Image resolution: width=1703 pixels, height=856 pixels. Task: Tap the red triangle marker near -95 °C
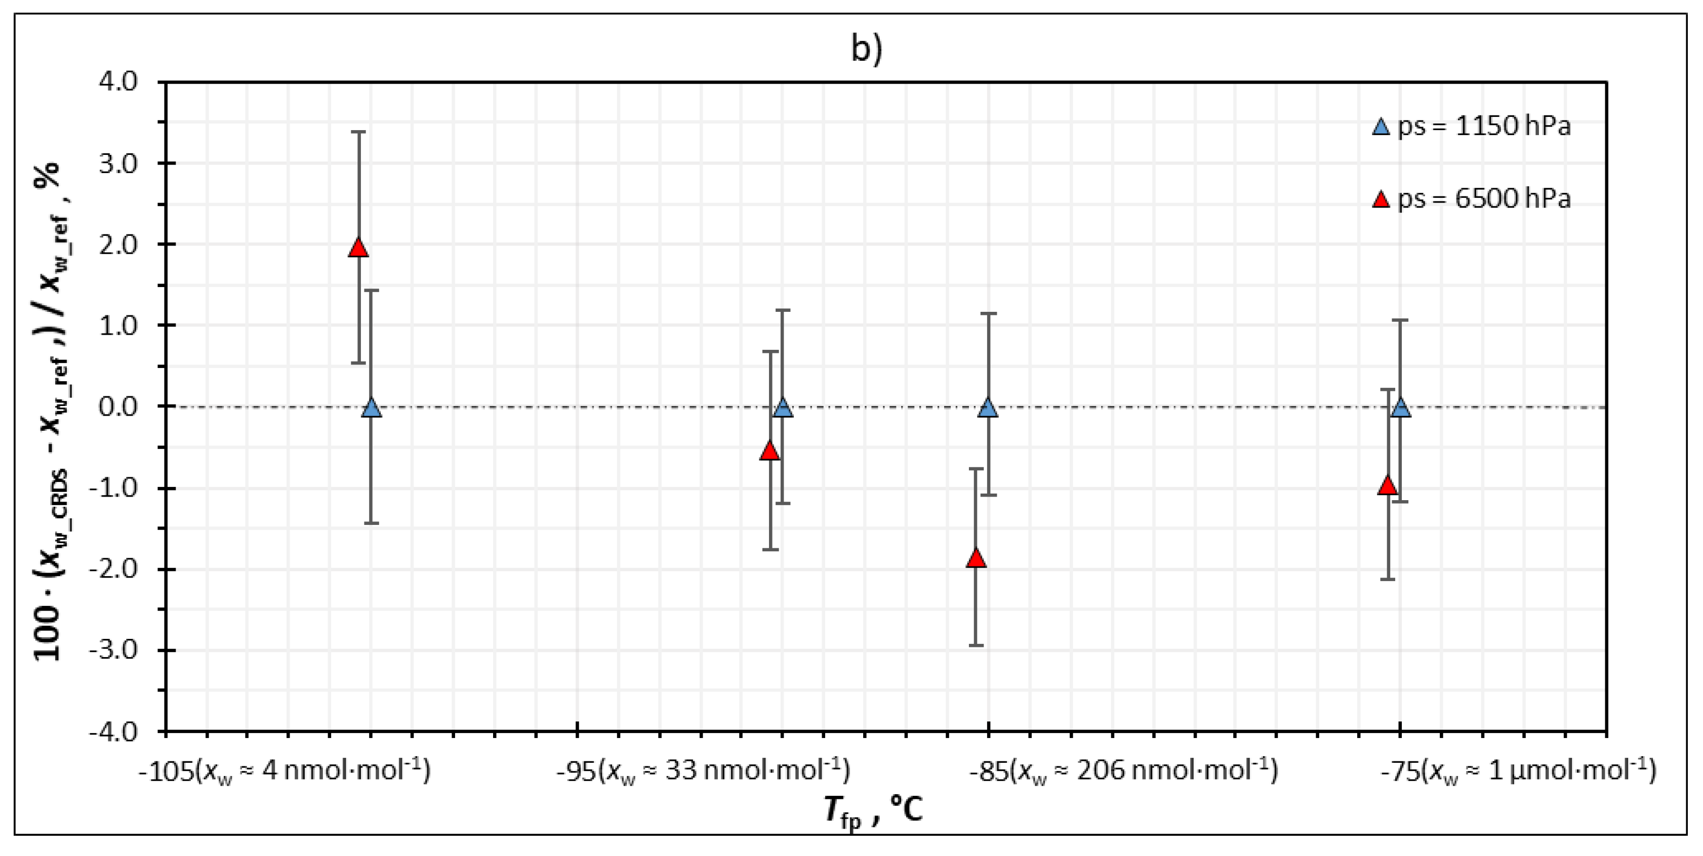769,451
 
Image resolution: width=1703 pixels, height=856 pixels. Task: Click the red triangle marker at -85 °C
976,558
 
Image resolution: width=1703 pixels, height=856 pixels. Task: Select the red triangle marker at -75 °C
1388,486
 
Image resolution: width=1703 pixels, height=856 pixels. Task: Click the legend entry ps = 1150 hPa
1472,126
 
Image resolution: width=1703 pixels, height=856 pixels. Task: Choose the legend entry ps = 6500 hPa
1472,199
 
